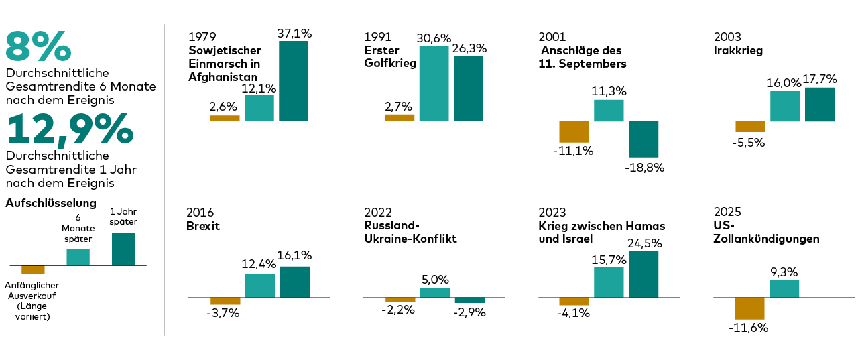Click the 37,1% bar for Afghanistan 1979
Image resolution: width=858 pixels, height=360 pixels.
294,80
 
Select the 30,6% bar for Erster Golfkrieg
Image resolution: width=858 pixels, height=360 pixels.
434,83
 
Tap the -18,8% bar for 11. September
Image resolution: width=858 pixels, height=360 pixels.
643,139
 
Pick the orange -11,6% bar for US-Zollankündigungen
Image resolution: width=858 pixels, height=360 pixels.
749,308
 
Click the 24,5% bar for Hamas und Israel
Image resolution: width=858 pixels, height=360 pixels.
643,274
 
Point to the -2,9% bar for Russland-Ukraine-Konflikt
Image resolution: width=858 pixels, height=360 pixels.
469,300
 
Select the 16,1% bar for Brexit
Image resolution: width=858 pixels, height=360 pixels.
295,282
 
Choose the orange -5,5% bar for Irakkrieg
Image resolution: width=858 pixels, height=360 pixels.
750,127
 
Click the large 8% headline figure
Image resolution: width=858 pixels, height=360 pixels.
38,46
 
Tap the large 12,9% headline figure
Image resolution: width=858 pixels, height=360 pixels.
70,129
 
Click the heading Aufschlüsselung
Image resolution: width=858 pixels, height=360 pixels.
51,203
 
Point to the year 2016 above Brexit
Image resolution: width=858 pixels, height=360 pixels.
200,213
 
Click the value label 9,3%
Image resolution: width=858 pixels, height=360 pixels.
784,272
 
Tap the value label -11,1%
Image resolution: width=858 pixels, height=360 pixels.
573,151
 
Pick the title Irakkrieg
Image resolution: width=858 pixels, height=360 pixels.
738,50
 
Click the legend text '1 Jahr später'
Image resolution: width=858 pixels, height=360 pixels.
123,216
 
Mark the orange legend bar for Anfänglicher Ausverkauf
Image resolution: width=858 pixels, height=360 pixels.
33,269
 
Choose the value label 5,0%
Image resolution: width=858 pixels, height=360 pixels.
435,280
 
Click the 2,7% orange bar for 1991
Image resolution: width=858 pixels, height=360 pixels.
400,117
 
